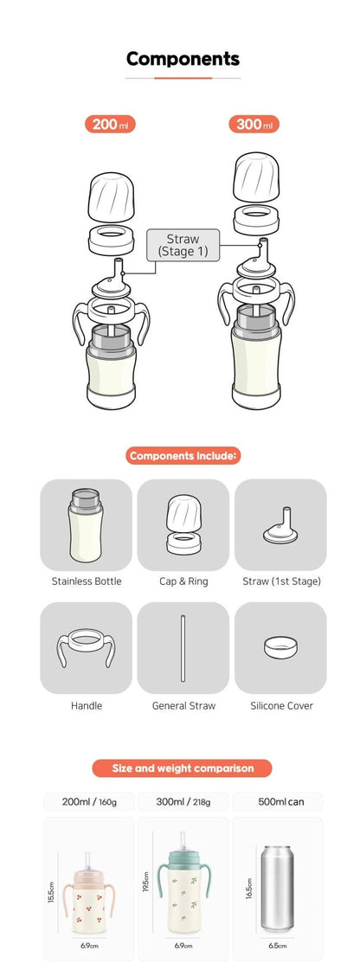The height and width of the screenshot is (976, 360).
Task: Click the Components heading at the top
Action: (183, 59)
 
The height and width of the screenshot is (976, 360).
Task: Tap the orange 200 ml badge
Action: (109, 124)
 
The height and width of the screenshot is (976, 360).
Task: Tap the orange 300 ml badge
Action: (254, 124)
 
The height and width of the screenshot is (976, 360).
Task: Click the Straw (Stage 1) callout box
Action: (183, 245)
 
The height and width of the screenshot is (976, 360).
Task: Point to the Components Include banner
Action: (183, 454)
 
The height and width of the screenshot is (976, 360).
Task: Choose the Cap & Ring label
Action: (183, 581)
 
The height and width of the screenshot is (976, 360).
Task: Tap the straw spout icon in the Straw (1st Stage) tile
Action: (280, 524)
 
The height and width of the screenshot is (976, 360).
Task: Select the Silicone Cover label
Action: (280, 706)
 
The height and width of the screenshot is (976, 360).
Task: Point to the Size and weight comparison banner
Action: (182, 767)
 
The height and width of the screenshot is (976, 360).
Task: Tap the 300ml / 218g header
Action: (183, 801)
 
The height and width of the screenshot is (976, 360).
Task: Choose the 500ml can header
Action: (280, 801)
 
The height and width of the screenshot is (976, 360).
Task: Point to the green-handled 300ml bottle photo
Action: (183, 891)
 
